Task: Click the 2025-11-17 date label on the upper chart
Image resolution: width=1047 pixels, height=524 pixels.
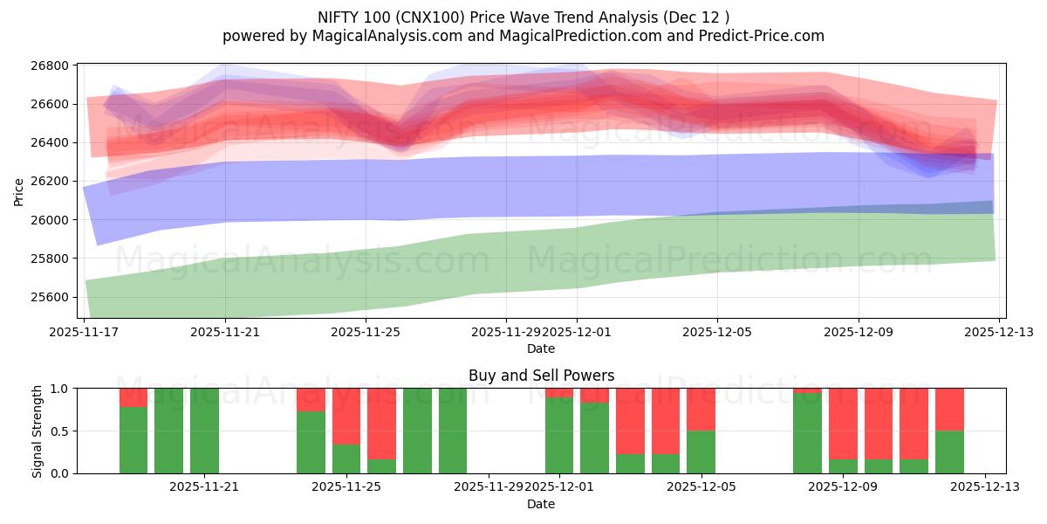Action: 85,332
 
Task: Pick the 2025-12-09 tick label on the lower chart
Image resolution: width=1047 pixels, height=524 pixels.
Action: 844,487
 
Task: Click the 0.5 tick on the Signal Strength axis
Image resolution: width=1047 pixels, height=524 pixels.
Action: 59,431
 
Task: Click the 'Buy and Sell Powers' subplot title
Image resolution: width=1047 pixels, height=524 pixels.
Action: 541,376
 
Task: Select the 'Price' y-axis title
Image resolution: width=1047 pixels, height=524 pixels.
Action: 19,191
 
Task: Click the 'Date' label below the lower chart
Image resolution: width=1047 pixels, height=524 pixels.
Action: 541,504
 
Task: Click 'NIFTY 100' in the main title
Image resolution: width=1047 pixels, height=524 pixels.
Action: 349,17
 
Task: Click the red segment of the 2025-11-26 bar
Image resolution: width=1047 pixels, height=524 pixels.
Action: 381,424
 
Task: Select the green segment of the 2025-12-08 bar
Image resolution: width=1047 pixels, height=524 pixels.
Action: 807,433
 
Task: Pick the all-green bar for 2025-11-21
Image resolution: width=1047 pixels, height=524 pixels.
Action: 204,431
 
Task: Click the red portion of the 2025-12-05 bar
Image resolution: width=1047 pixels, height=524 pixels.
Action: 701,409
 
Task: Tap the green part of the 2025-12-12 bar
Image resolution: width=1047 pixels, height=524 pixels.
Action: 949,452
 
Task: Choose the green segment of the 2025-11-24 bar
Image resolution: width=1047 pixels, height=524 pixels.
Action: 311,443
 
